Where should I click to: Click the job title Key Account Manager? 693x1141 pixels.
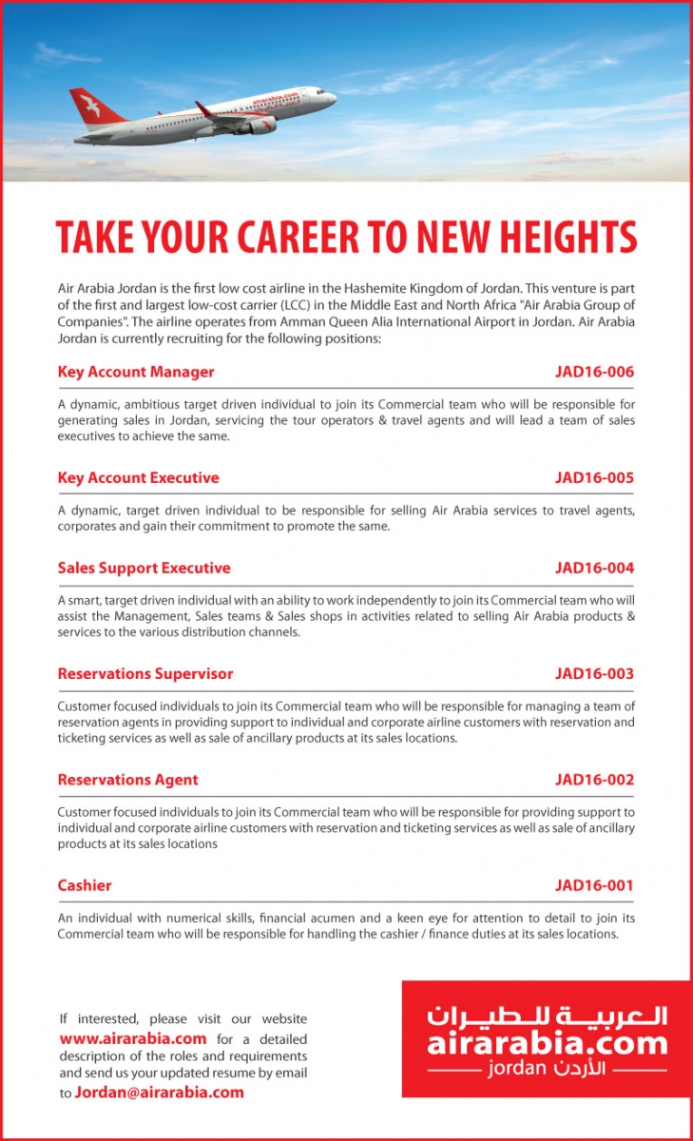pyautogui.click(x=136, y=372)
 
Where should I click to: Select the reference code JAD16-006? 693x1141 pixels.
pyautogui.click(x=594, y=372)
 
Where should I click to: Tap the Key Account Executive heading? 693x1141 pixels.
pyautogui.click(x=138, y=477)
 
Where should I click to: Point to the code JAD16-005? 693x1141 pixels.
pyautogui.click(x=594, y=477)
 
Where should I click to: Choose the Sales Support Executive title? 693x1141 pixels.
pyautogui.click(x=144, y=568)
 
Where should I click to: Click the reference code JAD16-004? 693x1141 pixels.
pyautogui.click(x=594, y=568)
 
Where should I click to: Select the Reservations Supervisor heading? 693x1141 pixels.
pyautogui.click(x=144, y=673)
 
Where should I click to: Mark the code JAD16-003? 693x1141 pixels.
pyautogui.click(x=594, y=673)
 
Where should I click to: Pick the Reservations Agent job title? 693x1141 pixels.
pyautogui.click(x=127, y=780)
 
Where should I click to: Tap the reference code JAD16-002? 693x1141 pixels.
pyautogui.click(x=594, y=780)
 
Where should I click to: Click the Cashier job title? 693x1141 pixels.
pyautogui.click(x=85, y=885)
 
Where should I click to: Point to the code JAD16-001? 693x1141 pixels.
pyautogui.click(x=594, y=885)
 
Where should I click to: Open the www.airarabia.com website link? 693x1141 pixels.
pyautogui.click(x=133, y=1038)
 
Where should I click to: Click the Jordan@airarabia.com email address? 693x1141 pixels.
pyautogui.click(x=160, y=1092)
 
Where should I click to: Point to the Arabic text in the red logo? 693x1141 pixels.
pyautogui.click(x=547, y=1016)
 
